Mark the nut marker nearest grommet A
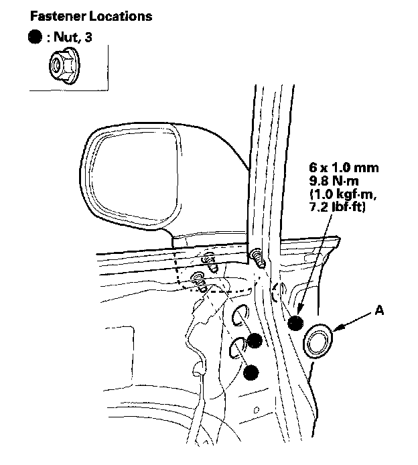pos(295,324)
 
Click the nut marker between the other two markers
pos(254,340)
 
